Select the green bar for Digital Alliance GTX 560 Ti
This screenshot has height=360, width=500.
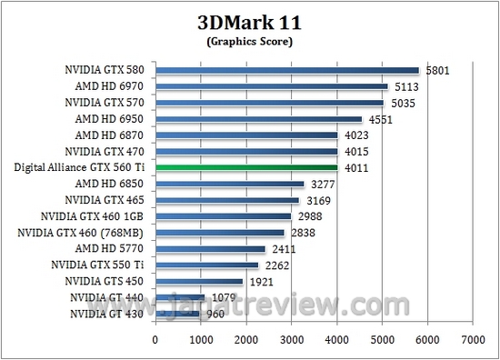246,167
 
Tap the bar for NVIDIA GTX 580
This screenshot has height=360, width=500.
286,70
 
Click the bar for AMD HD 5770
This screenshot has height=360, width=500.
210,248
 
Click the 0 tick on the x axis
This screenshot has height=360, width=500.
155,340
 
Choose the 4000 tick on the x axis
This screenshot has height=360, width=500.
336,340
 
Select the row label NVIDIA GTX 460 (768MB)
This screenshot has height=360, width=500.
85,233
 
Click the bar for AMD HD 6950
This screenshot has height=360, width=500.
258,118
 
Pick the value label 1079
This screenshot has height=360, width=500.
224,297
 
